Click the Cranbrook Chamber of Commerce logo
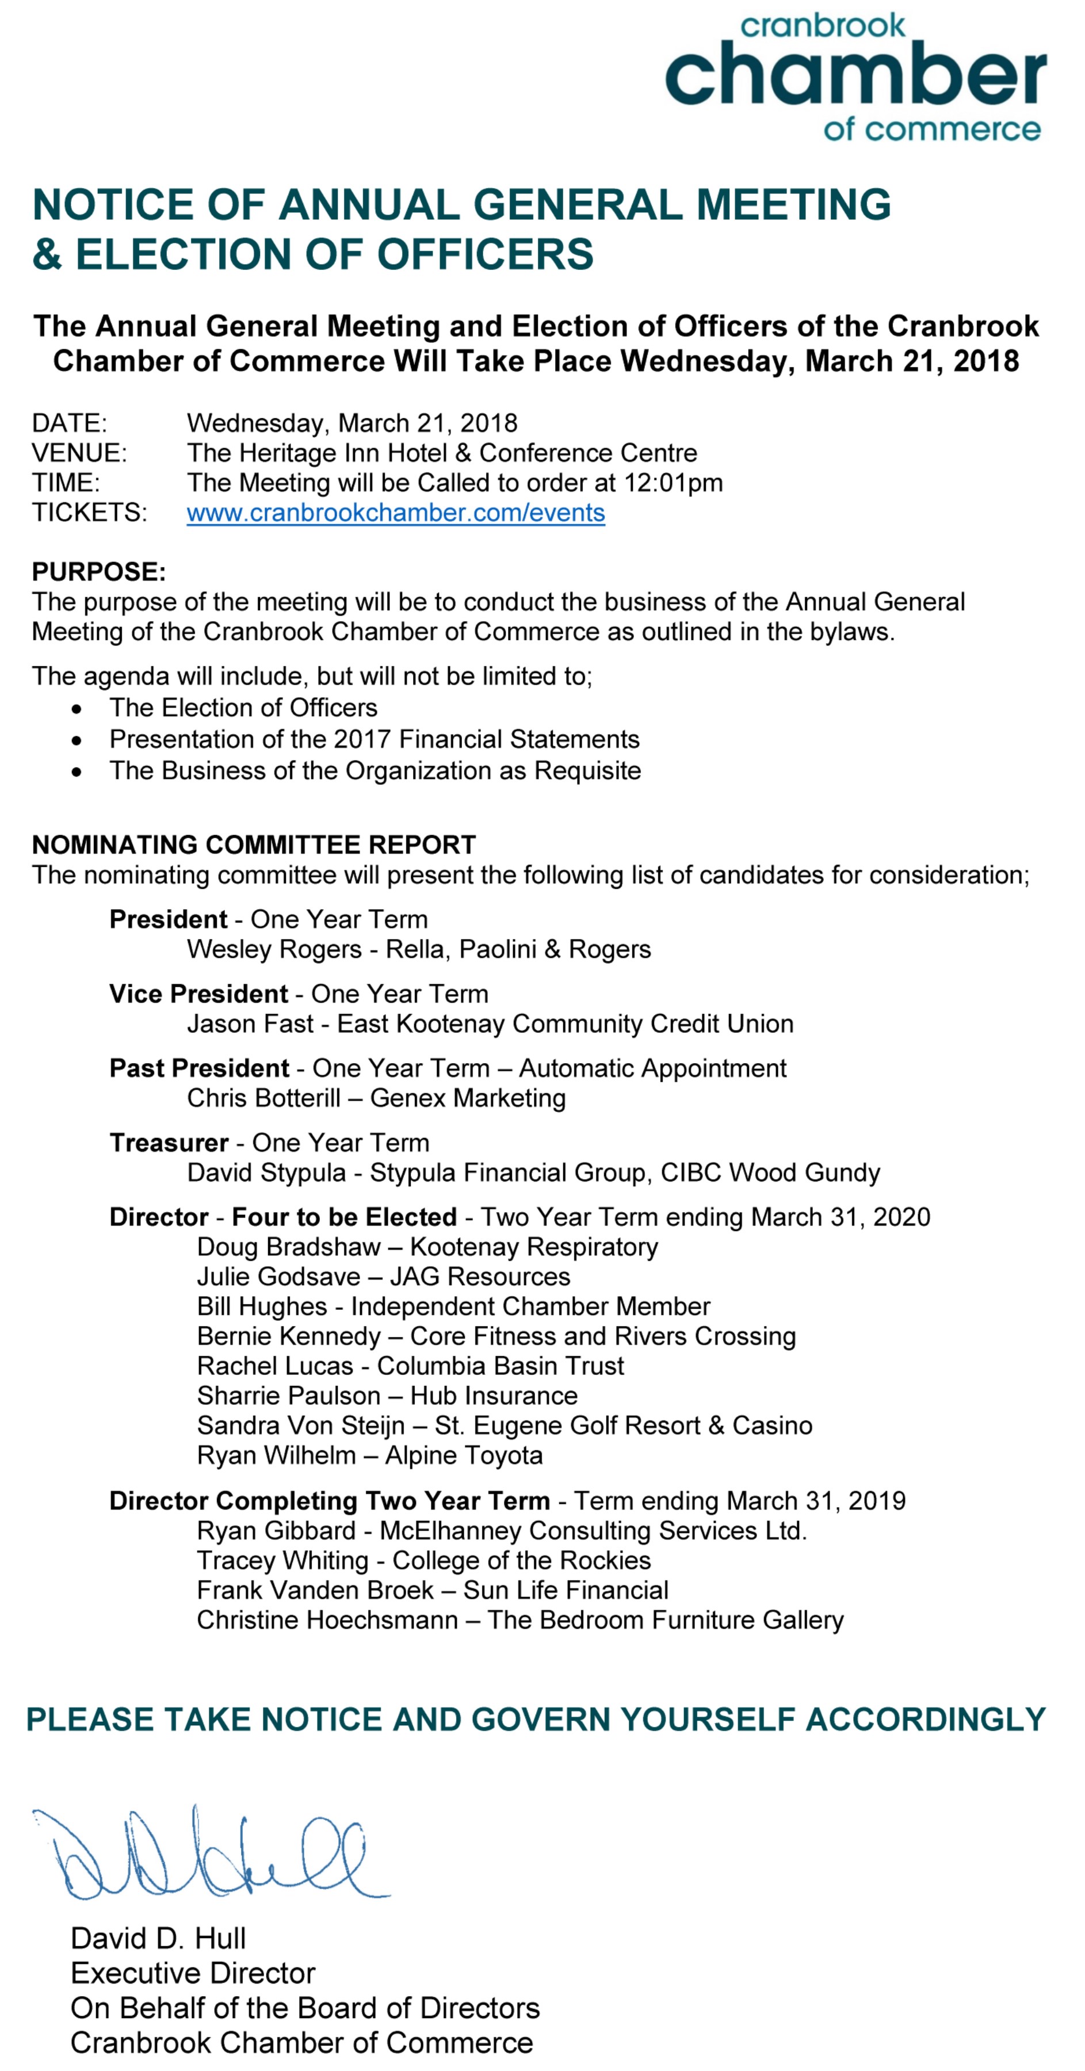[855, 77]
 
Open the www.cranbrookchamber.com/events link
[395, 513]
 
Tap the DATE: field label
[69, 423]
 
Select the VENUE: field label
[79, 453]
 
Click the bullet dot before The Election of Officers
[77, 708]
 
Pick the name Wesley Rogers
[274, 949]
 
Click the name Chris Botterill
[263, 1098]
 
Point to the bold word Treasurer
[169, 1143]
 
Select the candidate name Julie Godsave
[278, 1277]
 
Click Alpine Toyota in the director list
[464, 1455]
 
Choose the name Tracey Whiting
[282, 1561]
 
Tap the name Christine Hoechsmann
[327, 1620]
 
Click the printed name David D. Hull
[158, 1938]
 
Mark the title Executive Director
[193, 1973]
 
